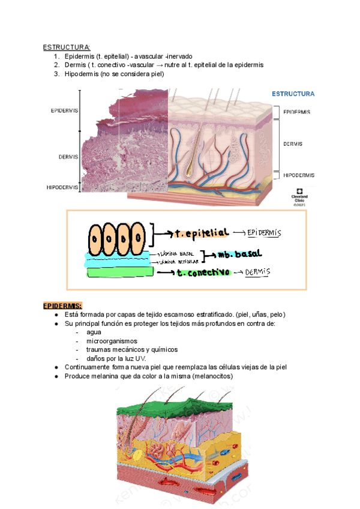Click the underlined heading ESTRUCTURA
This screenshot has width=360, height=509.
point(67,47)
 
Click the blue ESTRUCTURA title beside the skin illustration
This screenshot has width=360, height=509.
point(293,94)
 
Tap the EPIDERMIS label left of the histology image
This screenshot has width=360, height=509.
point(64,111)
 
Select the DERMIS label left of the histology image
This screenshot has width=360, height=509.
point(68,157)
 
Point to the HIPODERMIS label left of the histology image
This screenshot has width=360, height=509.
point(62,187)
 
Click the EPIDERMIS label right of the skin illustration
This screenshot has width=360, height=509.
point(296,112)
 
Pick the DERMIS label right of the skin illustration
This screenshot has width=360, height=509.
point(293,144)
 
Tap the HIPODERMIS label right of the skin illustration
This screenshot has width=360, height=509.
point(298,175)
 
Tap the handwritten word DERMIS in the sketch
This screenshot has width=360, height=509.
point(258,272)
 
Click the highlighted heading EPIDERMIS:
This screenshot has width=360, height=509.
point(62,306)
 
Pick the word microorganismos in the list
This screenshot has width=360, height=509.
point(112,340)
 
